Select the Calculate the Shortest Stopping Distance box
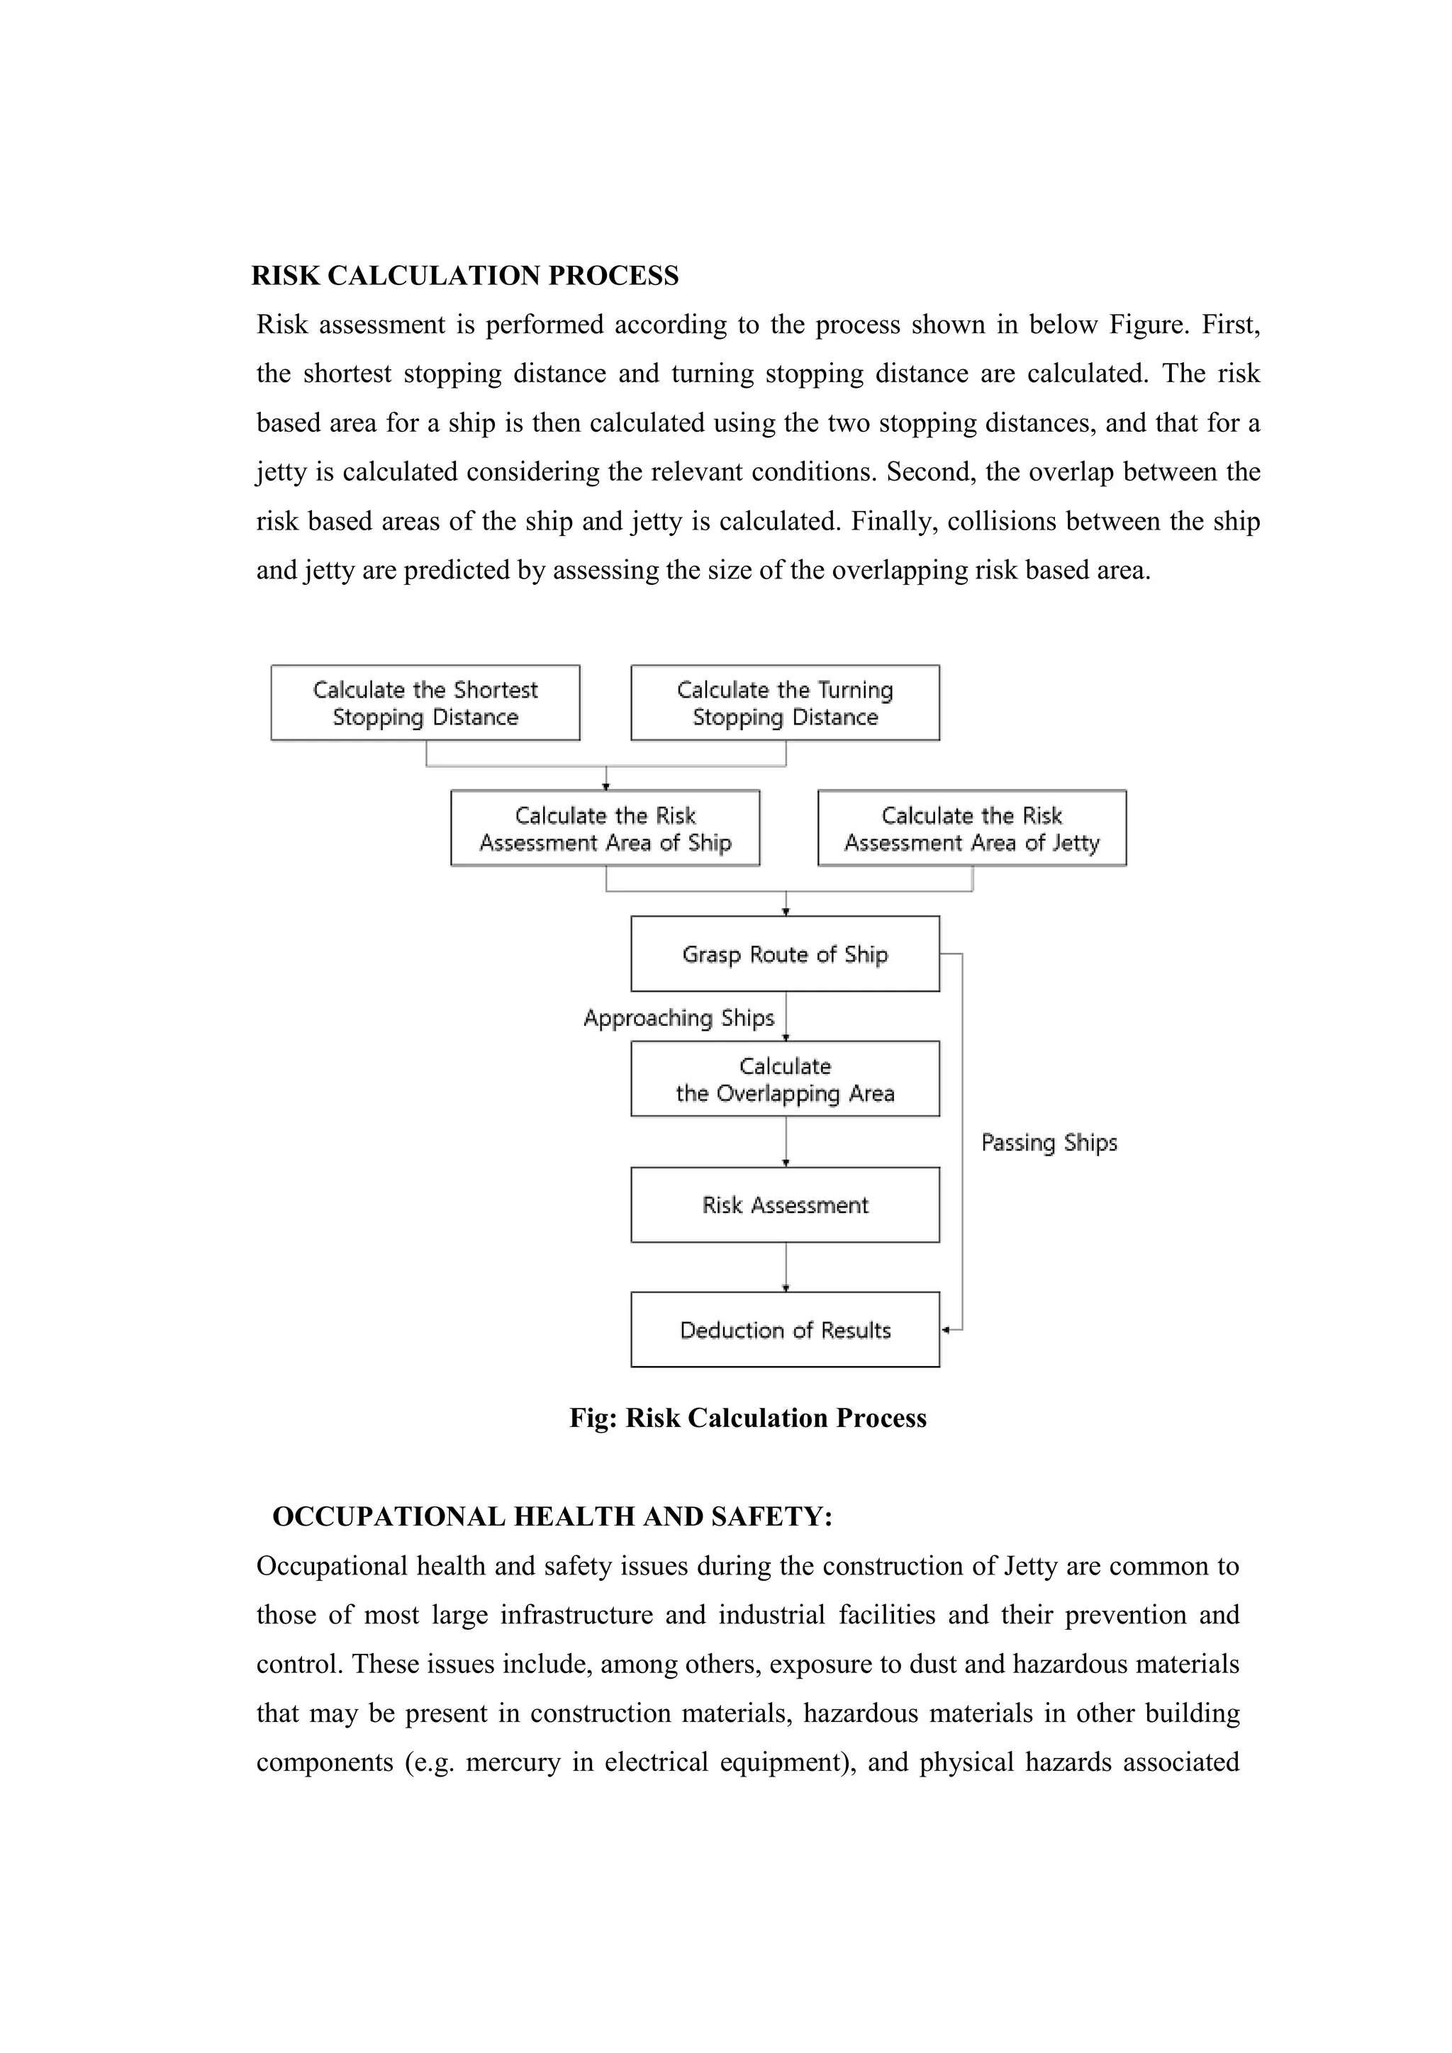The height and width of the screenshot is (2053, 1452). [425, 703]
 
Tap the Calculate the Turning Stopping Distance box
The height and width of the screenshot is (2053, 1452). [785, 703]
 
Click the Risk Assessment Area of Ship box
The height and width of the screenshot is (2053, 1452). [605, 828]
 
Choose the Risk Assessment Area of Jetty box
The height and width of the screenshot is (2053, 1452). [972, 828]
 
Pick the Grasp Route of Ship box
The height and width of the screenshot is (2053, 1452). [785, 954]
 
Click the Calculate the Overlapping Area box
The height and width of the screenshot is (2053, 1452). [785, 1079]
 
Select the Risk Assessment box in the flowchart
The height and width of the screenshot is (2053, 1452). [785, 1204]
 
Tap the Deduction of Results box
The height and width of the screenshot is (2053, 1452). [785, 1330]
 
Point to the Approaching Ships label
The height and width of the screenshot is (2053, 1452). [678, 1017]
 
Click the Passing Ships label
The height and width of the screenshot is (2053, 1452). [1049, 1142]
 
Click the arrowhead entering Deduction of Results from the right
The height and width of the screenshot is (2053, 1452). [946, 1330]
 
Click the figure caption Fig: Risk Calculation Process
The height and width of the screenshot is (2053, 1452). [747, 1418]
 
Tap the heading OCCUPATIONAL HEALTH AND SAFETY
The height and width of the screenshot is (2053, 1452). [552, 1516]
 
